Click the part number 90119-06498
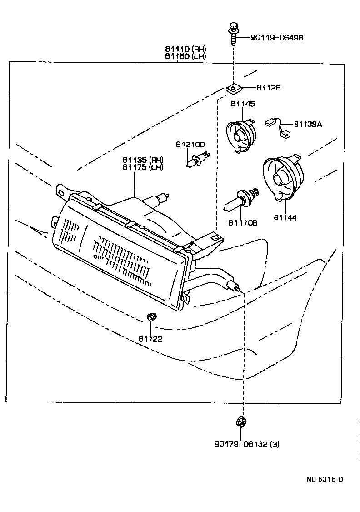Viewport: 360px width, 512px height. coord(276,37)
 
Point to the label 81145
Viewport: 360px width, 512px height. coord(242,104)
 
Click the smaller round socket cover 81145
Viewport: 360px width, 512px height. coord(241,135)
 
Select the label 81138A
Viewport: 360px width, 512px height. coord(308,124)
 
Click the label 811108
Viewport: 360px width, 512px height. coord(243,223)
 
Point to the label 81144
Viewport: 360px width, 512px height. coord(285,218)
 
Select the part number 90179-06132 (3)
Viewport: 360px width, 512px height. coord(246,444)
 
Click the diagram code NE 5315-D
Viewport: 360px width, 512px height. coord(325,479)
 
